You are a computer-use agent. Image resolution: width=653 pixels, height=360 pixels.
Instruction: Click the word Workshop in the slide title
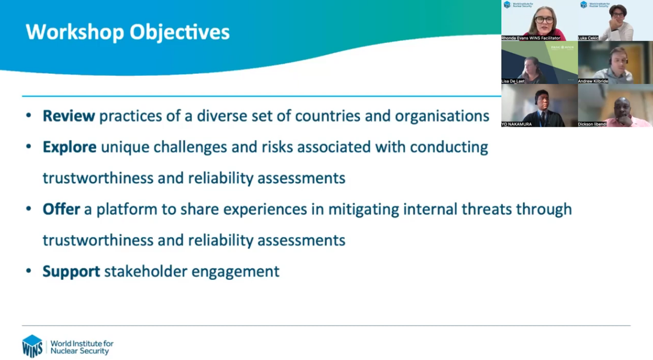(x=75, y=32)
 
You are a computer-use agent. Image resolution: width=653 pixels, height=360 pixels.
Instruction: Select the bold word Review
(x=69, y=116)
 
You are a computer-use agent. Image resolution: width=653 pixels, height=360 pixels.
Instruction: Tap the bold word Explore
(x=69, y=147)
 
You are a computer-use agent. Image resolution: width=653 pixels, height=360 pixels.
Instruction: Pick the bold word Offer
(x=61, y=209)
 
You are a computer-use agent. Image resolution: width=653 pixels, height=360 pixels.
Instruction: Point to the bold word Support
(x=72, y=272)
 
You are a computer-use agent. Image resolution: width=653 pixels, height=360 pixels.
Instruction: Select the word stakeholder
(x=146, y=271)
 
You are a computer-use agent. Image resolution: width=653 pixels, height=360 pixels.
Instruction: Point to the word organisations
(x=442, y=116)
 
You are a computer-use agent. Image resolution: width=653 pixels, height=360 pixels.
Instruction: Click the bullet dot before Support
(x=29, y=271)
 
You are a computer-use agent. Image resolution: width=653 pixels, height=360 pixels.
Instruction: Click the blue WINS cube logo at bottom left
(x=32, y=346)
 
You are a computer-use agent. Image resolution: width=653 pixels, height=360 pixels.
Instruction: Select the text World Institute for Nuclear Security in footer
(x=82, y=347)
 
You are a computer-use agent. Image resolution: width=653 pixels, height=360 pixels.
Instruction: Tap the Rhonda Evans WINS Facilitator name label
(x=531, y=38)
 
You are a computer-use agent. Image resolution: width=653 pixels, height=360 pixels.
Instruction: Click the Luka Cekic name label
(x=588, y=38)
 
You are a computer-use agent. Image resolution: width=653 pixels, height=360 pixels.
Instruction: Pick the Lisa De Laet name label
(x=513, y=81)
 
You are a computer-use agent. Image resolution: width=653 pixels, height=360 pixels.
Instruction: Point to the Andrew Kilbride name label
(x=593, y=81)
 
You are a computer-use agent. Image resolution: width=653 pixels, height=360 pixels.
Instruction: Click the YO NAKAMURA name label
(x=516, y=124)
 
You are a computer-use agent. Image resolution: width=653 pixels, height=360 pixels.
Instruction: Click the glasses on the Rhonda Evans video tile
(x=544, y=20)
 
